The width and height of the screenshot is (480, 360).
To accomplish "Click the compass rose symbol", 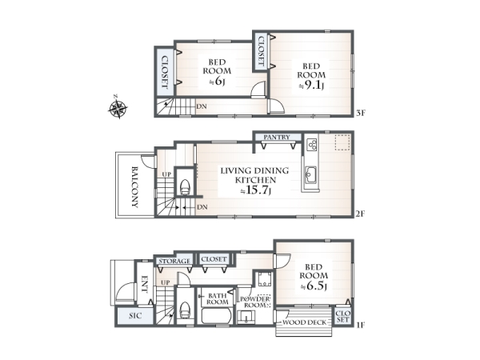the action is pyautogui.click(x=118, y=107).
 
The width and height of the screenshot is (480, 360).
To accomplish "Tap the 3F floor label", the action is pyautogui.click(x=361, y=113).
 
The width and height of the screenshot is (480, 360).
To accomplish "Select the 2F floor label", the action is pyautogui.click(x=361, y=214).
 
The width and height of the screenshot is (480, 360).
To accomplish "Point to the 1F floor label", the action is pyautogui.click(x=361, y=325).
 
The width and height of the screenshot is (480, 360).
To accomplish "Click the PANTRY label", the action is pyautogui.click(x=277, y=137).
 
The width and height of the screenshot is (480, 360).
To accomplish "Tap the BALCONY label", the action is pyautogui.click(x=134, y=186).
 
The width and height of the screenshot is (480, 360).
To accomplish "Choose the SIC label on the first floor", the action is pyautogui.click(x=135, y=316).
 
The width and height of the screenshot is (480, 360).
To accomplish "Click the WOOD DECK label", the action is pyautogui.click(x=304, y=322).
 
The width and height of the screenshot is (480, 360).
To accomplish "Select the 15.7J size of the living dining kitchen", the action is pyautogui.click(x=256, y=190).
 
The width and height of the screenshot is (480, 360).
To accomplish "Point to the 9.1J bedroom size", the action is pyautogui.click(x=311, y=86).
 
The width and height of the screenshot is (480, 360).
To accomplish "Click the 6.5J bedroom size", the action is pyautogui.click(x=314, y=286).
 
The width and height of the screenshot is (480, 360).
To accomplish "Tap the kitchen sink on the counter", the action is pyautogui.click(x=310, y=175).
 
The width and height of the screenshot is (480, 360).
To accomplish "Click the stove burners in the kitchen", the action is pyautogui.click(x=312, y=144).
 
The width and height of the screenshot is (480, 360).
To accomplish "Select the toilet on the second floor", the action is pyautogui.click(x=185, y=187).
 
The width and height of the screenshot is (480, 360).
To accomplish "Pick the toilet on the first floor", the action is pyautogui.click(x=185, y=310).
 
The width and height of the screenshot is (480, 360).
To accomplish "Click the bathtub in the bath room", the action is pyautogui.click(x=217, y=316).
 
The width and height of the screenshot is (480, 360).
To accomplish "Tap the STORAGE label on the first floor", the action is pyautogui.click(x=174, y=261).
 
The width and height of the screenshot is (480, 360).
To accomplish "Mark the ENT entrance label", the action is pyautogui.click(x=145, y=285).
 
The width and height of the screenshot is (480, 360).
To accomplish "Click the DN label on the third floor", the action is pyautogui.click(x=202, y=106).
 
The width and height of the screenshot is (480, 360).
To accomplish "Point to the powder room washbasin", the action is pyautogui.click(x=246, y=316).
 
